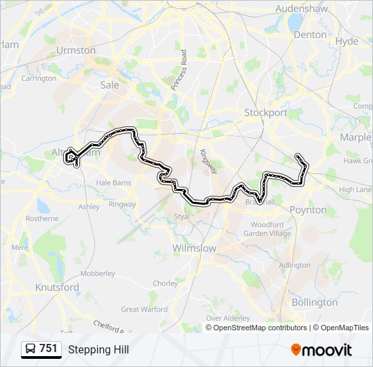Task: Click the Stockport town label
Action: [266, 113]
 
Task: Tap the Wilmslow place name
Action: [194, 249]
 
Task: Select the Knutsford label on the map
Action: [57, 287]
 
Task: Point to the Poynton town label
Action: [308, 210]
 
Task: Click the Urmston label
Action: [76, 50]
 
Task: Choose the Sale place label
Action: [109, 85]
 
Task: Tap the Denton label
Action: [310, 34]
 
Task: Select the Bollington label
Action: [314, 302]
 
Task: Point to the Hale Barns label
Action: [113, 183]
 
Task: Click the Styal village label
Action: [181, 217]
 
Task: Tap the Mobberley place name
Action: [98, 273]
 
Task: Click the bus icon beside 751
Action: [31, 349]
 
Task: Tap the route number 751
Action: [48, 349]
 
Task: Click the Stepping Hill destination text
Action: [98, 350]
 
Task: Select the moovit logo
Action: [321, 350]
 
